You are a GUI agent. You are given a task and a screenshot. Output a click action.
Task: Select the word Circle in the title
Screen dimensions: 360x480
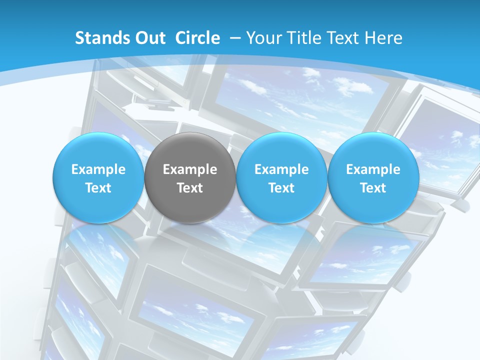(x=197, y=38)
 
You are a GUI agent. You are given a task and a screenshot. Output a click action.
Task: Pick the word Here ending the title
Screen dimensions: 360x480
(x=384, y=38)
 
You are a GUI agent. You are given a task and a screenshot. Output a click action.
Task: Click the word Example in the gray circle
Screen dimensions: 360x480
(x=190, y=170)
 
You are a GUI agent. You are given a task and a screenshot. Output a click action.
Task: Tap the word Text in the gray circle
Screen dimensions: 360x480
(x=190, y=188)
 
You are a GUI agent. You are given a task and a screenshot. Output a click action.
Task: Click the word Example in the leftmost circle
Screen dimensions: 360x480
(x=98, y=170)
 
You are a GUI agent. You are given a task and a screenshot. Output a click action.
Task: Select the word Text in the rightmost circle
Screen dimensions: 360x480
(x=373, y=188)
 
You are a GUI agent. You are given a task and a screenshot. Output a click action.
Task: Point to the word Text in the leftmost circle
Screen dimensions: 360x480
(x=98, y=188)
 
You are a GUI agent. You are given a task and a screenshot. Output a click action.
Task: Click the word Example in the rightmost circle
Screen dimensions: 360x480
(x=373, y=170)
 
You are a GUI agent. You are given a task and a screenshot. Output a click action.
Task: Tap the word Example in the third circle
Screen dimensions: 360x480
(x=281, y=170)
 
